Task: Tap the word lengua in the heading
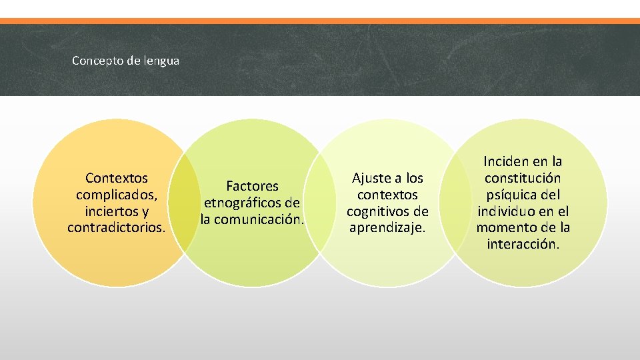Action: click(160, 61)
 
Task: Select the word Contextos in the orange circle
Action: click(117, 179)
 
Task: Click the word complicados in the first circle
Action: click(115, 195)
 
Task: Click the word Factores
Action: click(252, 186)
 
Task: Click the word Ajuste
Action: click(369, 178)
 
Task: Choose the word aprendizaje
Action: click(387, 228)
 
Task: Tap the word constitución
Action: click(523, 178)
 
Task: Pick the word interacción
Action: click(523, 244)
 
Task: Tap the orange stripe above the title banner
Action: click(320, 21)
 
